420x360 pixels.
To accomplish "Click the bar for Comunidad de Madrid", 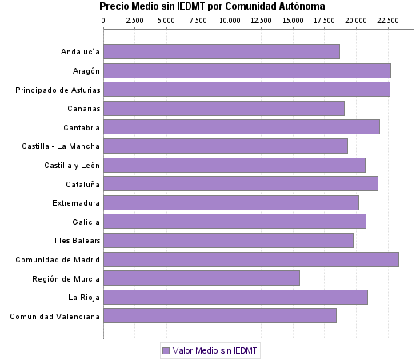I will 250,259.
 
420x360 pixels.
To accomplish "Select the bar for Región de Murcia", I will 202,278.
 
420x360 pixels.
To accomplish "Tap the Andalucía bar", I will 222,52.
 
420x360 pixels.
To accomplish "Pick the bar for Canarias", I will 224,109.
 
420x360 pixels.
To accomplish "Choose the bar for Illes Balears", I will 228,240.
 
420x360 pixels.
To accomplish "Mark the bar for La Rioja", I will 235,297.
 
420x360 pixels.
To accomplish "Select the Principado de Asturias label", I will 58,90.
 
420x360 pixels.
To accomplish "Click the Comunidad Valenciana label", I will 55,316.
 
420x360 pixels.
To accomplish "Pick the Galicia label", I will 86,222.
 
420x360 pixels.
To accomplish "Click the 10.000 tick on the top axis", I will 230,19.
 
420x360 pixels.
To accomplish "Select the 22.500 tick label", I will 388,19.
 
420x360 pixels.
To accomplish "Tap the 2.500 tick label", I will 134,19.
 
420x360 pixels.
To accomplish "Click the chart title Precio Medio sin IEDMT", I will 212,6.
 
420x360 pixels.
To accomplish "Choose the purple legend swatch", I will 166,350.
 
